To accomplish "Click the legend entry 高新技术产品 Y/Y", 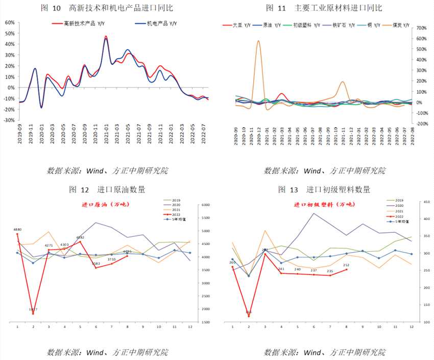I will click(x=81, y=23).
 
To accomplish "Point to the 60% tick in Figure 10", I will click(x=9, y=22).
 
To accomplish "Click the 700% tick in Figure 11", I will click(x=420, y=28).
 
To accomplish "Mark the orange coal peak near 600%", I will click(x=258, y=41).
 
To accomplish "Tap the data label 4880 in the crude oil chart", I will click(x=17, y=230).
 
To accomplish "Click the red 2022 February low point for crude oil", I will click(x=33, y=313).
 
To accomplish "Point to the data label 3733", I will click(x=112, y=259).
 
